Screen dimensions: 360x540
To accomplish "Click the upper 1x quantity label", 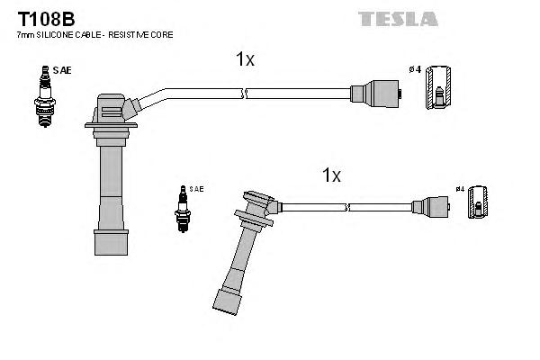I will tap(245, 59).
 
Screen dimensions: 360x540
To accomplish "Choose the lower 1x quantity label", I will tap(332, 175).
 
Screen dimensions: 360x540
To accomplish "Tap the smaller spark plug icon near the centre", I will tap(183, 208).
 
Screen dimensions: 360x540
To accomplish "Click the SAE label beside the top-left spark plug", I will tap(61, 69).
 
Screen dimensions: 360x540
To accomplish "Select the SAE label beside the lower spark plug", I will tap(196, 189).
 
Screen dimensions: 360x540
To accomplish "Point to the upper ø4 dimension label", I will tap(415, 69).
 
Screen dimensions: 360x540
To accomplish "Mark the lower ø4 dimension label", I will tap(459, 189).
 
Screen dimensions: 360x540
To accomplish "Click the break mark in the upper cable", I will tap(244, 93).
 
